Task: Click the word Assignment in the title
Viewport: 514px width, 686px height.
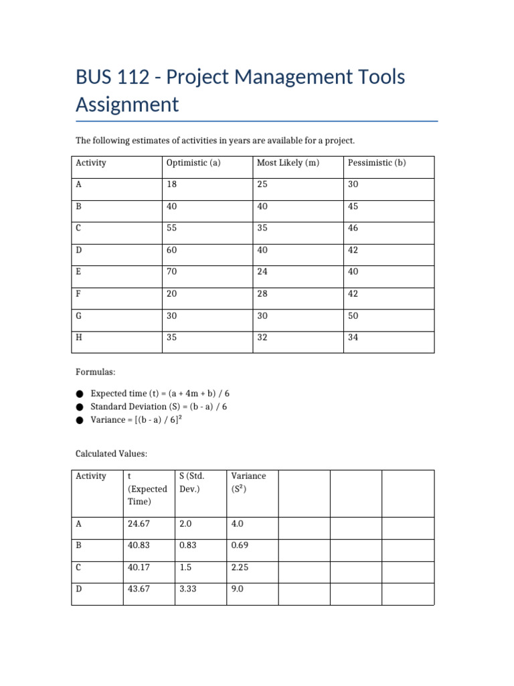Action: (x=127, y=105)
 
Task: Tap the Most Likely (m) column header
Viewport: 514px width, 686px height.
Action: (x=288, y=163)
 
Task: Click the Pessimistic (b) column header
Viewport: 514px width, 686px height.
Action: (x=377, y=163)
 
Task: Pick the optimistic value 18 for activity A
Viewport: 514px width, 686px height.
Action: (x=172, y=184)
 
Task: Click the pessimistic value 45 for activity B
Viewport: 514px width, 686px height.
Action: (x=353, y=206)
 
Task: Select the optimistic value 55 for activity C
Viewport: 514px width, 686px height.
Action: (x=172, y=228)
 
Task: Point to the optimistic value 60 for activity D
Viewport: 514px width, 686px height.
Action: (x=172, y=250)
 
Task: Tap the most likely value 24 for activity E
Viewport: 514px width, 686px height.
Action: (x=262, y=272)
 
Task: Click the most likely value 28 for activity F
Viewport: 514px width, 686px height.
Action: (x=262, y=293)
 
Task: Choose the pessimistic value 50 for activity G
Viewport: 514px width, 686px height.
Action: (x=353, y=316)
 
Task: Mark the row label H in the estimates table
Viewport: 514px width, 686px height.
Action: (x=79, y=337)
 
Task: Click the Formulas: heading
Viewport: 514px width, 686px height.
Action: (x=96, y=370)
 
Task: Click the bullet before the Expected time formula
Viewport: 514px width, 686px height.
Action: (x=80, y=394)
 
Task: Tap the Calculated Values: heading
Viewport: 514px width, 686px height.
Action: (x=111, y=454)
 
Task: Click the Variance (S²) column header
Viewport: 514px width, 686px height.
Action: (x=248, y=482)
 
